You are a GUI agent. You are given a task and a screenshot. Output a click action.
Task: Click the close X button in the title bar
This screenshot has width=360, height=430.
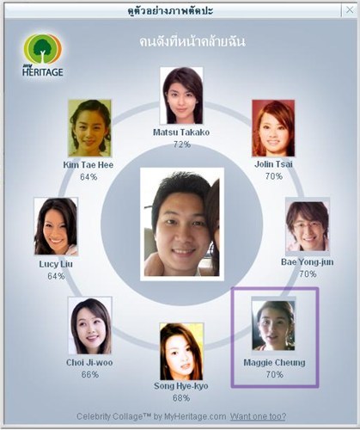pos(350,10)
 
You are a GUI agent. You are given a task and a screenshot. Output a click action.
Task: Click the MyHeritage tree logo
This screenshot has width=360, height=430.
pos(43,55)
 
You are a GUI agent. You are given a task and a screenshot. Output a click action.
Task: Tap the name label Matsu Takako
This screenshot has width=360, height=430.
pos(181,132)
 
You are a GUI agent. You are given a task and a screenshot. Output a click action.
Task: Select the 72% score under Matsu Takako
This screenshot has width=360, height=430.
pos(182,144)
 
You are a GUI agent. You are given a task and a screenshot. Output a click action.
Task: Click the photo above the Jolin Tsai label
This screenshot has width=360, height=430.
pos(273,128)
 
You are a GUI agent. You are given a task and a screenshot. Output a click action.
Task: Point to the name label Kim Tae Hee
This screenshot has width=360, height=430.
pos(88,165)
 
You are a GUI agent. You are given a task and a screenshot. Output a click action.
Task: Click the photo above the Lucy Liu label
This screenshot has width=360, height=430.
pos(56,226)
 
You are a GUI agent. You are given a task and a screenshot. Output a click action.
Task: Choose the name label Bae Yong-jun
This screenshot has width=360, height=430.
pos(308,262)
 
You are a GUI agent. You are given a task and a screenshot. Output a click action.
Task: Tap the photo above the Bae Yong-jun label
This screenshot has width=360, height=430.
pos(308,226)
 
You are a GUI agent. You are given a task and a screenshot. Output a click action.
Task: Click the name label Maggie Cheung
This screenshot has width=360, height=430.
pos(274,363)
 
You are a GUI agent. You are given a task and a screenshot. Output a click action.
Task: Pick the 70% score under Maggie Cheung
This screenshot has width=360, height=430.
pos(274,374)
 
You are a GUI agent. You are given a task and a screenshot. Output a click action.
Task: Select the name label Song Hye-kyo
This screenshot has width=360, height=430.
pos(181,386)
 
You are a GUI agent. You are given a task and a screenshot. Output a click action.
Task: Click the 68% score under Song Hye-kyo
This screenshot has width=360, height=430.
pos(181,398)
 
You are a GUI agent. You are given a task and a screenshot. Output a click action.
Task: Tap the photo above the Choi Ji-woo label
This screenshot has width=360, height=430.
pos(90,326)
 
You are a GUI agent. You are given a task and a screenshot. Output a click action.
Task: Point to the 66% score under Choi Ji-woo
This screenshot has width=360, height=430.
pos(90,374)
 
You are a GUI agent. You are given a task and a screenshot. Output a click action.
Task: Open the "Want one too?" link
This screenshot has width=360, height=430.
pos(258,416)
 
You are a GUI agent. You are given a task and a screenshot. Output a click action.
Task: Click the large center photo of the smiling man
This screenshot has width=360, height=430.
pos(182,224)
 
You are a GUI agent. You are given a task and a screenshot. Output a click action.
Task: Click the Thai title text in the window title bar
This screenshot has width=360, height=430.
pos(171,11)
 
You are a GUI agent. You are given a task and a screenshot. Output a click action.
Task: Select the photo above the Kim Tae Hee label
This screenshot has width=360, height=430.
pos(89,128)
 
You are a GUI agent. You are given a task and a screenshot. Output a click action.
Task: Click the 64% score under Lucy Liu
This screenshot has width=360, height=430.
pos(56,276)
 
